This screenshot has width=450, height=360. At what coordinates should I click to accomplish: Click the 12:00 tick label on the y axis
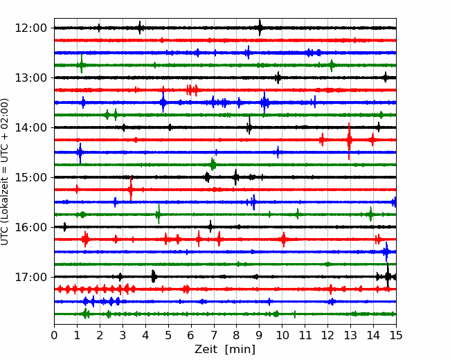tap(30, 28)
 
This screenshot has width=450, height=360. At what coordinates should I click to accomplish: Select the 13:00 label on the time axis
tap(30, 78)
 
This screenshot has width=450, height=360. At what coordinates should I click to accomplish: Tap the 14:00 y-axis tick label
tap(30, 127)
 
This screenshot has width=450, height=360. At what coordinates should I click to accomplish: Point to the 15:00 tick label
tap(30, 177)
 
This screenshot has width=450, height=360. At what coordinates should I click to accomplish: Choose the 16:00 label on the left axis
tap(30, 227)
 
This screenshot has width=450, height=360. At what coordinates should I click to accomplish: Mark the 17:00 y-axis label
tap(30, 277)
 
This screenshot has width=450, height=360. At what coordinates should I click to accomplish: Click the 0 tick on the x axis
tap(54, 335)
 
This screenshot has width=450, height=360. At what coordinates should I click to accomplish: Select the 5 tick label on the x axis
tap(168, 335)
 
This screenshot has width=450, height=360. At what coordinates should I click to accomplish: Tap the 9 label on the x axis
tap(260, 335)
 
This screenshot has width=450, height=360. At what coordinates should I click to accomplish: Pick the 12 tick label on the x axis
tap(327, 335)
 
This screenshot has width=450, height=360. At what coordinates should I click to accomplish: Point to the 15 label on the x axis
tap(396, 335)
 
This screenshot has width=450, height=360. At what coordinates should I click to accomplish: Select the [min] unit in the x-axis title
tap(240, 350)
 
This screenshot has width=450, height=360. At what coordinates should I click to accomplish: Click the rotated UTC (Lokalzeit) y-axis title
tap(5, 172)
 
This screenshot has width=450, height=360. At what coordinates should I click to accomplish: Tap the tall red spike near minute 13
tap(349, 141)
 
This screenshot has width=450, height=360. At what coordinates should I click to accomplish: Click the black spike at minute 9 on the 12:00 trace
tap(260, 28)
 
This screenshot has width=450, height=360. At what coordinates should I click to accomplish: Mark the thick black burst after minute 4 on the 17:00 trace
tap(153, 276)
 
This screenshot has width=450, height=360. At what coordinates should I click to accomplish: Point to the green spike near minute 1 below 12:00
tap(82, 64)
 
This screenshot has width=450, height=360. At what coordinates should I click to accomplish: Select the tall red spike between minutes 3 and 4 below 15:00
tap(131, 189)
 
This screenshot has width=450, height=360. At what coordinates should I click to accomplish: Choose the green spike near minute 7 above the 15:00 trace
tap(213, 164)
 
